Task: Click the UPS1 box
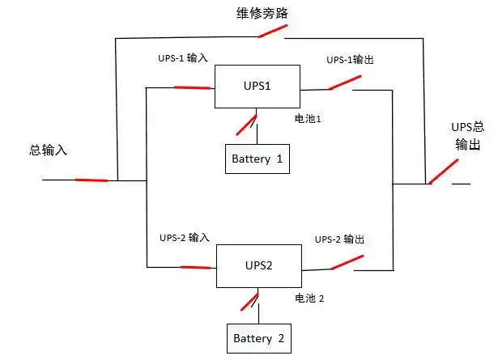(x=257, y=87)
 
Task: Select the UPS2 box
(x=257, y=266)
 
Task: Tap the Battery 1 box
(x=257, y=159)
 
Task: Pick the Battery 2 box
(x=258, y=338)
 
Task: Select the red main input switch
(x=91, y=180)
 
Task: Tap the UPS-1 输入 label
(x=184, y=60)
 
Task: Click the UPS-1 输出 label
(x=350, y=60)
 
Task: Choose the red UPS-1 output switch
(x=344, y=83)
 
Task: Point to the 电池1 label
(x=309, y=119)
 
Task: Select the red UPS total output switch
(x=441, y=172)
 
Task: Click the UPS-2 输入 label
(x=184, y=238)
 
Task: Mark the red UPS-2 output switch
(x=347, y=262)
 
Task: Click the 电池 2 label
(x=309, y=299)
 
